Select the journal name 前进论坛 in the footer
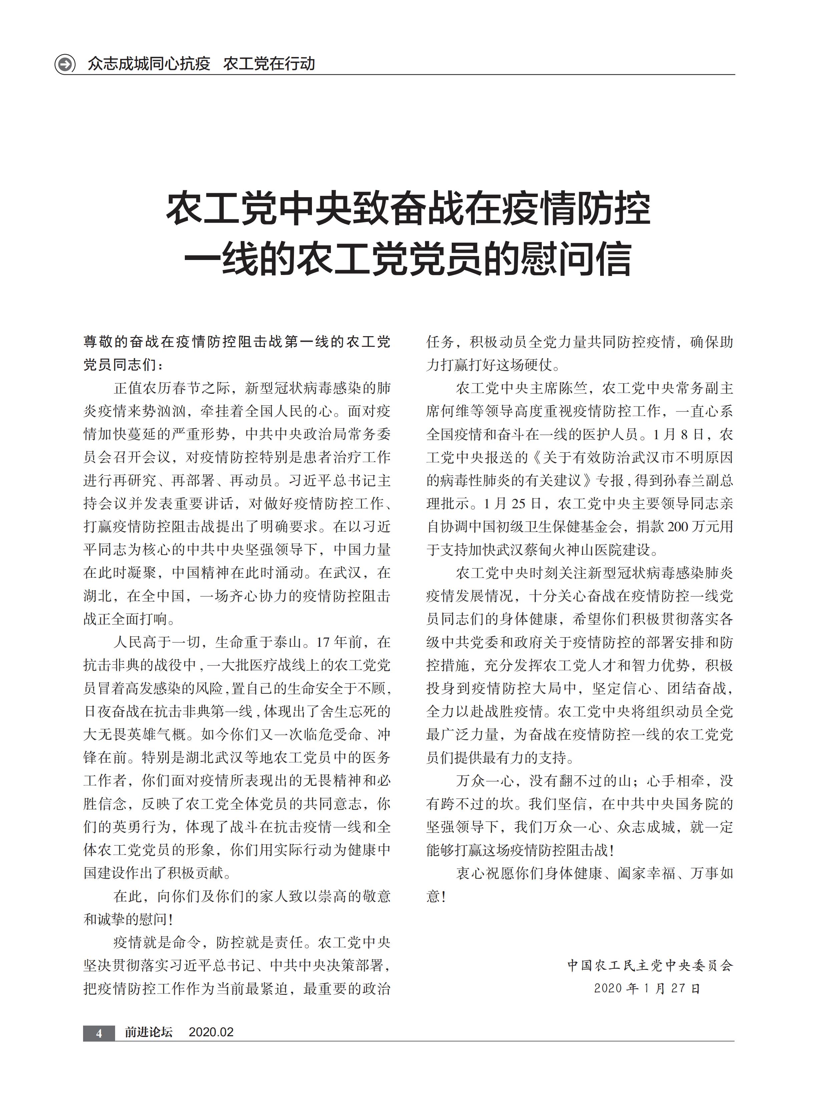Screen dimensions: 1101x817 148,1032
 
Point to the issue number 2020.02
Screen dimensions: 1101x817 211,1032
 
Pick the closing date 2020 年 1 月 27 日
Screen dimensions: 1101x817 648,988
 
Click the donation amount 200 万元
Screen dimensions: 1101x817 695,526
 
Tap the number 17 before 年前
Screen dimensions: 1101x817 323,642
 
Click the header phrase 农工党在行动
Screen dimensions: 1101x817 269,64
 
